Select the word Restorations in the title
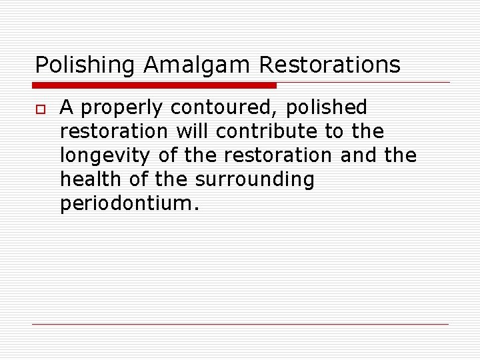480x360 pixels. tap(330, 65)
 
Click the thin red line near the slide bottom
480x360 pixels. tap(240, 325)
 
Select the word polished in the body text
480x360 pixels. tap(327, 107)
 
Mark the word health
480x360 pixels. tap(83, 179)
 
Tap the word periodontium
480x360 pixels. tap(129, 204)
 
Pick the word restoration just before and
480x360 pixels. tap(277, 155)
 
